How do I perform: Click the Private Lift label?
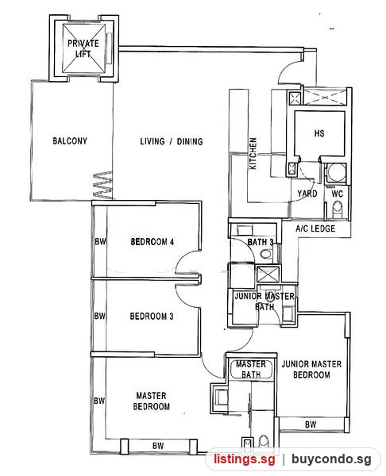click(83, 48)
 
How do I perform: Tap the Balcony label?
click(70, 141)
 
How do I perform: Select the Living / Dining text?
click(172, 141)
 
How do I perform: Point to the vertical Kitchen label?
click(253, 153)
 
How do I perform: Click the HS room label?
click(319, 133)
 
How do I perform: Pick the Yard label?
click(307, 194)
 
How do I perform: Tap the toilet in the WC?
click(338, 210)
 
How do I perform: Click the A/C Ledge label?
click(315, 228)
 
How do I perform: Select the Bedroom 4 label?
click(152, 242)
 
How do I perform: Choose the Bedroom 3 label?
click(152, 317)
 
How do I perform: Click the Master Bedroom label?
click(152, 401)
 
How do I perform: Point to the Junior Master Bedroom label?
click(311, 369)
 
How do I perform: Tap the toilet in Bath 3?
click(266, 254)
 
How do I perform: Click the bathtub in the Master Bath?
click(251, 369)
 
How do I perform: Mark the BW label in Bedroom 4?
click(100, 242)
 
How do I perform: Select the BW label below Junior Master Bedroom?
click(311, 424)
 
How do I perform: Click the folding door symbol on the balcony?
click(102, 185)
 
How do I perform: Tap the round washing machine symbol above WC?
click(336, 173)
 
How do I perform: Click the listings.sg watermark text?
click(245, 459)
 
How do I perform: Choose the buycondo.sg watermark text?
click(331, 459)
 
